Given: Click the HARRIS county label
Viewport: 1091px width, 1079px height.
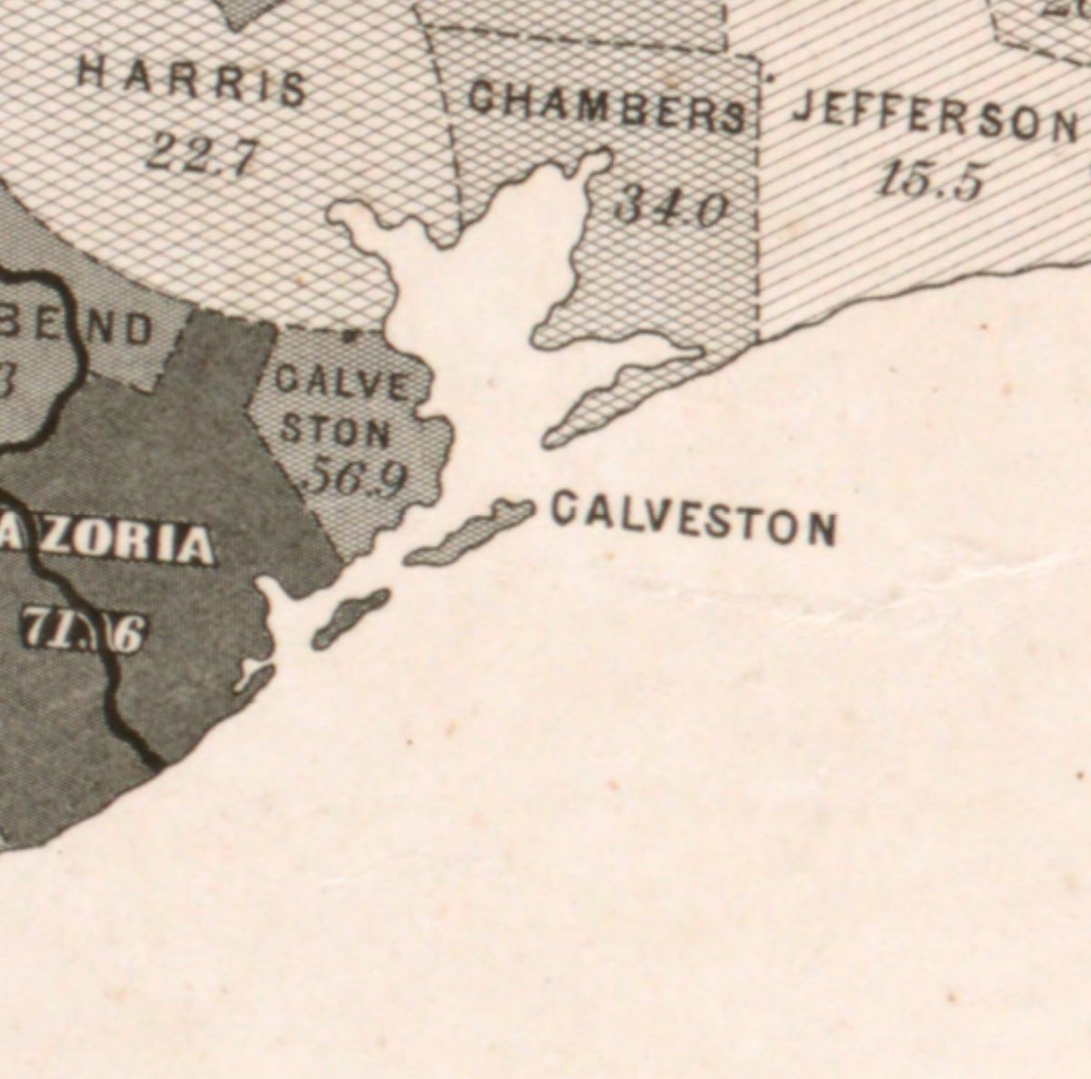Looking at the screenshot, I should click(x=191, y=84).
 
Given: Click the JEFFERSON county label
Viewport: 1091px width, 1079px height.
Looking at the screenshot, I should click(x=936, y=118).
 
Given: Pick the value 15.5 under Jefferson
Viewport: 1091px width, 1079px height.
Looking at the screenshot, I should click(x=929, y=180).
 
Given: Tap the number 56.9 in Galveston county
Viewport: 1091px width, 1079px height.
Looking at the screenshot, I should click(x=355, y=478).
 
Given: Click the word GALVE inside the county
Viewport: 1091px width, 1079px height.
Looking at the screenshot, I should click(x=342, y=383).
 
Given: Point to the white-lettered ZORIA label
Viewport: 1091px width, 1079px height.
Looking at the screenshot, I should click(x=109, y=543).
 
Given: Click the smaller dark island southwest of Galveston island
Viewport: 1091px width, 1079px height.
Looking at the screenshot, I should click(x=351, y=618).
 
